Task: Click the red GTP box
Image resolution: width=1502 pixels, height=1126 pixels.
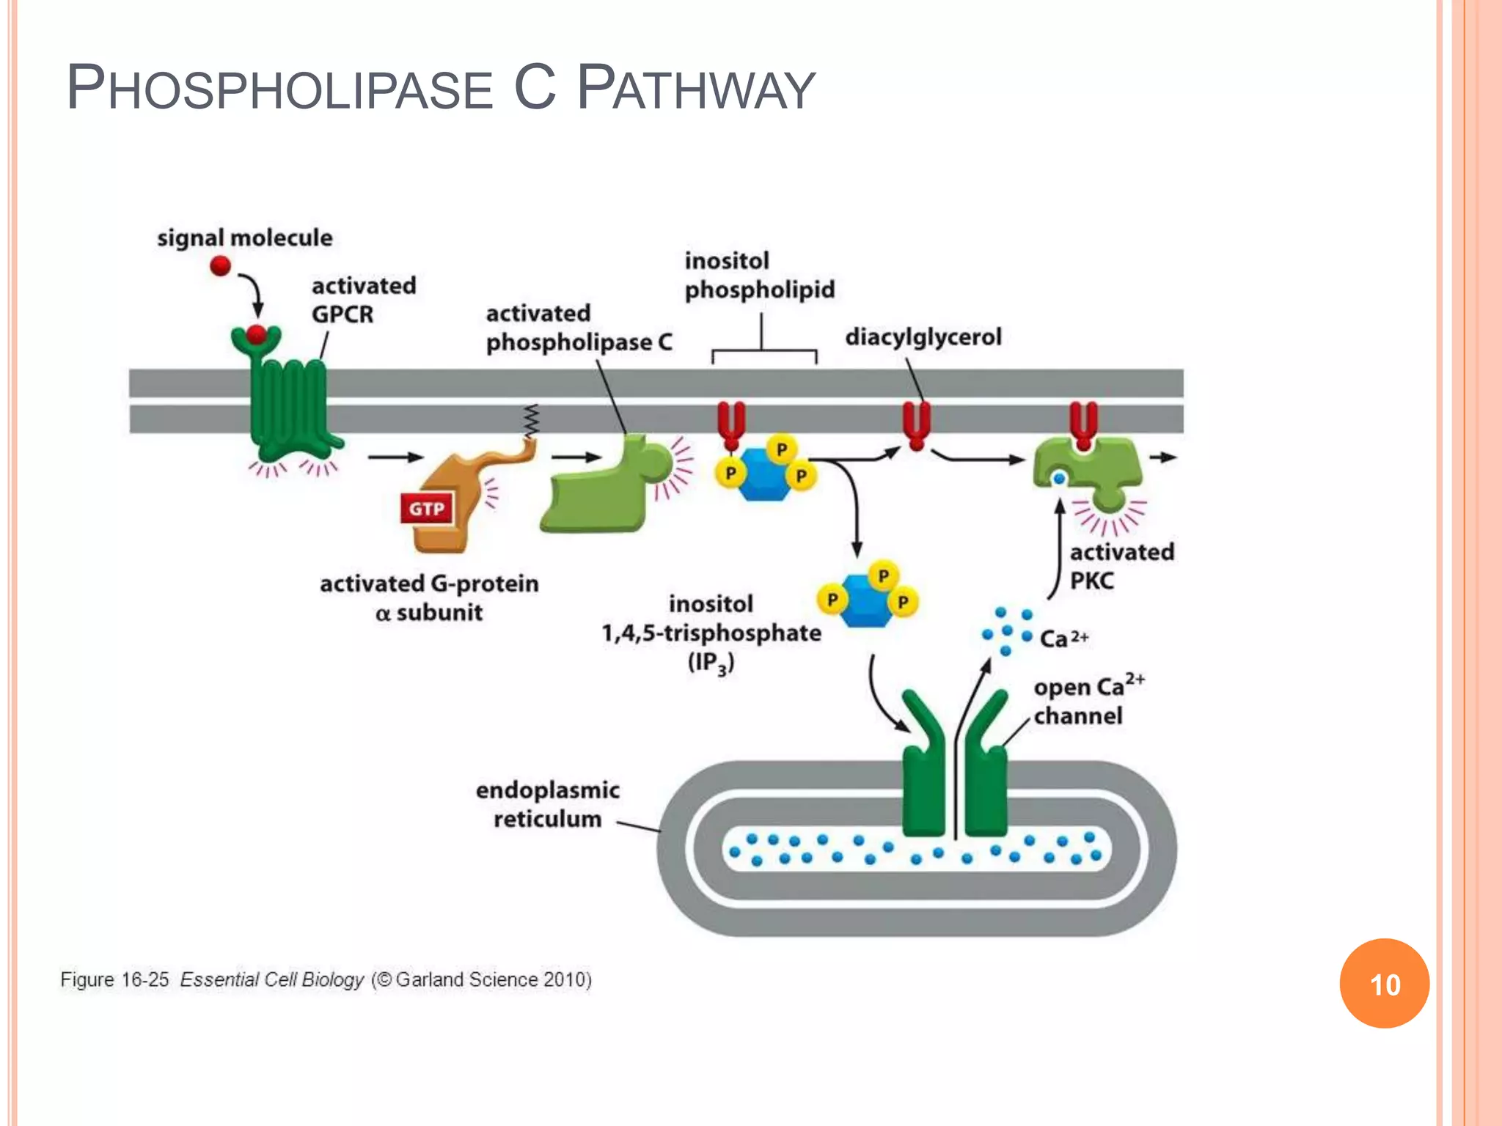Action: (427, 509)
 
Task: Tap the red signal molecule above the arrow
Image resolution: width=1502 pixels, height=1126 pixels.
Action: (220, 265)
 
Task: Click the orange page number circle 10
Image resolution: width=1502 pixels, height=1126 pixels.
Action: (1384, 984)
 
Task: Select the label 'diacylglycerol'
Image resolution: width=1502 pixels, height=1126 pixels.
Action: (923, 337)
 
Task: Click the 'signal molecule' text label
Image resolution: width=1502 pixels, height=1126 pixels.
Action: (244, 238)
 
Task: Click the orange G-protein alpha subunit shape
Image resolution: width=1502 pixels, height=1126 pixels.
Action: (447, 506)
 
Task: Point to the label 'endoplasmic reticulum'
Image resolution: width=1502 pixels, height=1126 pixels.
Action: (547, 804)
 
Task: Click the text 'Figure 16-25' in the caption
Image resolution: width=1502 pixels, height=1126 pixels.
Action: (114, 980)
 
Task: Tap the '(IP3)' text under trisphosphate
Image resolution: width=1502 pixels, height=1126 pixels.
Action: (710, 663)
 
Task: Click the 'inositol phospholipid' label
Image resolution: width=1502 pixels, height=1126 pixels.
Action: (759, 276)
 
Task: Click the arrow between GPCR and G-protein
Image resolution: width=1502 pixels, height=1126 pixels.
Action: (395, 457)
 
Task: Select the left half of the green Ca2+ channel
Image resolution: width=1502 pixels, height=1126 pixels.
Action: (923, 777)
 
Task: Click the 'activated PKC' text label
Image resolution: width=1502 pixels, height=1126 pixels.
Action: (1121, 566)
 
